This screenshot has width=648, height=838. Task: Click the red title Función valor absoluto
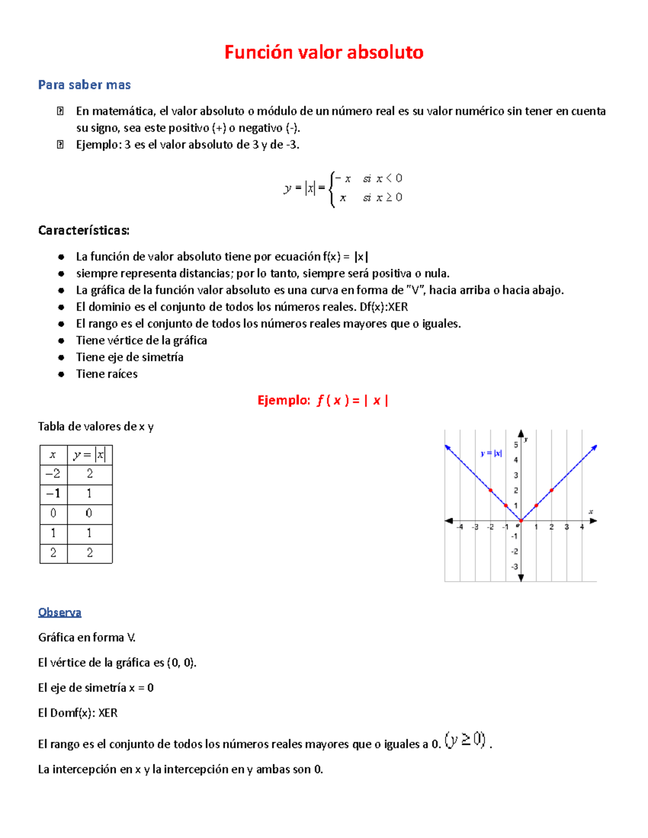pyautogui.click(x=324, y=52)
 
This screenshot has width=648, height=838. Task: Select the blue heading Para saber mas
pyautogui.click(x=84, y=85)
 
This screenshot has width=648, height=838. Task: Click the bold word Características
pyautogui.click(x=84, y=230)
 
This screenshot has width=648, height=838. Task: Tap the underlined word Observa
pyautogui.click(x=59, y=612)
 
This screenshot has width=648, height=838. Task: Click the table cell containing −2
pyautogui.click(x=53, y=474)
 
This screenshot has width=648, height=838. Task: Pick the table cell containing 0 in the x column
pyautogui.click(x=53, y=513)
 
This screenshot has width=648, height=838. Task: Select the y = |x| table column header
pyautogui.click(x=90, y=454)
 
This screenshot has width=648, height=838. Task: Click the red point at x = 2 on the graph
pyautogui.click(x=551, y=490)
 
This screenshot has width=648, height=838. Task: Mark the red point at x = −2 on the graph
pyautogui.click(x=490, y=490)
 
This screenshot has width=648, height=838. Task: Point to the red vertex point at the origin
pyautogui.click(x=521, y=521)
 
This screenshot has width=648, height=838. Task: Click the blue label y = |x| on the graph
pyautogui.click(x=491, y=453)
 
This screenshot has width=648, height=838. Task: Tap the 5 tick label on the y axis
pyautogui.click(x=516, y=445)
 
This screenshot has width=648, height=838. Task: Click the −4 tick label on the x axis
pyautogui.click(x=460, y=527)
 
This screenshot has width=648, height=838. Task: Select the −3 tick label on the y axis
pyautogui.click(x=515, y=567)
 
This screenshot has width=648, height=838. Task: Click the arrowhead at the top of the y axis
pyautogui.click(x=521, y=433)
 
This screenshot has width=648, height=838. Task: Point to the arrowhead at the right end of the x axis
pyautogui.click(x=593, y=521)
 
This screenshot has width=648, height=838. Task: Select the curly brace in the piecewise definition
pyautogui.click(x=332, y=188)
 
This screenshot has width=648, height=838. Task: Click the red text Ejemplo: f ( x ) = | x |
pyautogui.click(x=323, y=400)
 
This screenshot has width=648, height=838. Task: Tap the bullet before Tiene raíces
pyautogui.click(x=62, y=374)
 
